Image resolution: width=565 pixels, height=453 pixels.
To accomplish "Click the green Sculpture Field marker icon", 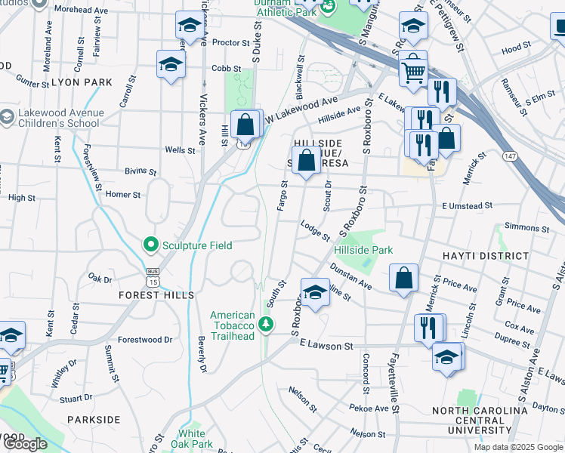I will coord(151,245).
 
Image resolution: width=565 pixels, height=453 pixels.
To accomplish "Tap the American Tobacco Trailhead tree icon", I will coord(265,325).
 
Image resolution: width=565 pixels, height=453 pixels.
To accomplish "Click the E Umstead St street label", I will coord(467,205).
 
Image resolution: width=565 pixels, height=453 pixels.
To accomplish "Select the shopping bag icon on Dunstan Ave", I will coord(404,277).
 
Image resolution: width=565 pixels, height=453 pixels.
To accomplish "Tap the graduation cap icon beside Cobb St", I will coord(171,66).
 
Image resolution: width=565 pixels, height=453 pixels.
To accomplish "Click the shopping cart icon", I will coord(412,72).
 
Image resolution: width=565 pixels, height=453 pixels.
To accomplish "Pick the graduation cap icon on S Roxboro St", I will coord(315,292).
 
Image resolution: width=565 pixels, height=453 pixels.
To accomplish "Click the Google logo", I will coord(26,444).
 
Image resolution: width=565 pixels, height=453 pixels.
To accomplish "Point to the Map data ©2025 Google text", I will coord(517,447).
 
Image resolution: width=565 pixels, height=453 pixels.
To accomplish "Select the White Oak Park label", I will coord(192,439).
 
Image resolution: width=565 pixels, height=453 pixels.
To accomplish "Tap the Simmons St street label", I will coord(526,227).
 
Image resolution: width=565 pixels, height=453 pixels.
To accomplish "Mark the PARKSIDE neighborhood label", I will coord(94,419).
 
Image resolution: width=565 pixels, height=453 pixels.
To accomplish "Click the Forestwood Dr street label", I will coord(145,340).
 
